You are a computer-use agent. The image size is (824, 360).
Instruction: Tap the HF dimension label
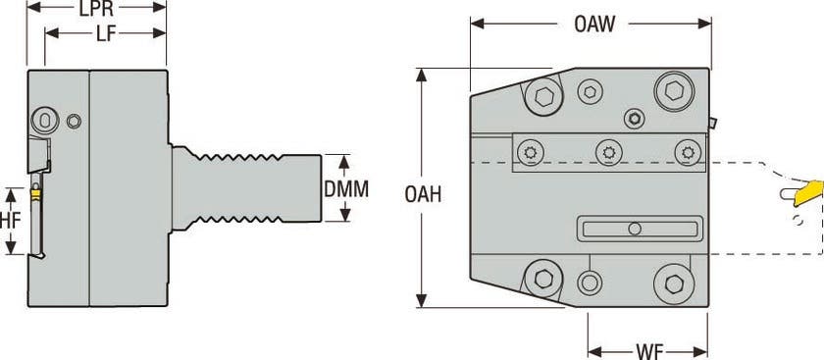point(10,220)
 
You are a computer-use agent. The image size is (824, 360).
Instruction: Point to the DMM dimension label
point(347,188)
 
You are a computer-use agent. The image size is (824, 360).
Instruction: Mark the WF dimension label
point(648,348)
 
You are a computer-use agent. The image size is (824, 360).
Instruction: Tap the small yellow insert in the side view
point(36,194)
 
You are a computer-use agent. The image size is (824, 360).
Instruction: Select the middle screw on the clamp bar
point(608,151)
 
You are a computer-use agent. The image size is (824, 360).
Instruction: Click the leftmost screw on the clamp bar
point(531,151)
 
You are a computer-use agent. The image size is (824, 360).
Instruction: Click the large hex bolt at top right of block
point(674,91)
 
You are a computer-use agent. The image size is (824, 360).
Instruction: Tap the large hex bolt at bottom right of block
point(674,283)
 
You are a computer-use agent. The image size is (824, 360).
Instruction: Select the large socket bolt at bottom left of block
point(542,278)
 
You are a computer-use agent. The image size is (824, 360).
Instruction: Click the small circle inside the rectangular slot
point(635,230)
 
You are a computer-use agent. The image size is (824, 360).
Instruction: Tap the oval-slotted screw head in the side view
point(44,119)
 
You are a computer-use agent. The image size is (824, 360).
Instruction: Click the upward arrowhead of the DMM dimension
point(335,158)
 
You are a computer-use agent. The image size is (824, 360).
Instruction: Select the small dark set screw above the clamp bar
point(635,119)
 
